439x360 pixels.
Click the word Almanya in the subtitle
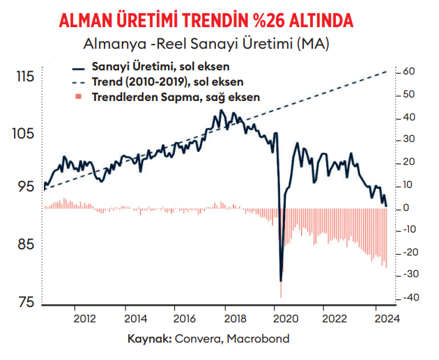(115, 44)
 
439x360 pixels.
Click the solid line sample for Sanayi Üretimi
(78, 69)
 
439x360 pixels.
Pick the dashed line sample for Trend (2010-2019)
(78, 83)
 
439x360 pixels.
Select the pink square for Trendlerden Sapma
(78, 97)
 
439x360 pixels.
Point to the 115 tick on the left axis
(25, 76)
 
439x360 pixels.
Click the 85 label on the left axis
(26, 244)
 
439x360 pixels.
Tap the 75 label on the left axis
(26, 302)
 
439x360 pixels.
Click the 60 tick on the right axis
(409, 71)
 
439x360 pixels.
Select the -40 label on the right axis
(411, 297)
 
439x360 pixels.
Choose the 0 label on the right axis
(406, 208)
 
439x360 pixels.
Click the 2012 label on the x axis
(84, 319)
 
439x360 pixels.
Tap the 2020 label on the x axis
(286, 319)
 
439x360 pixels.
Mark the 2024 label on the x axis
(387, 319)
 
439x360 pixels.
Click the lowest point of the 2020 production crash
(281, 281)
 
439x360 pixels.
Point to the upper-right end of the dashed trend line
(387, 71)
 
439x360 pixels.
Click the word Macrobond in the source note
(258, 338)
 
